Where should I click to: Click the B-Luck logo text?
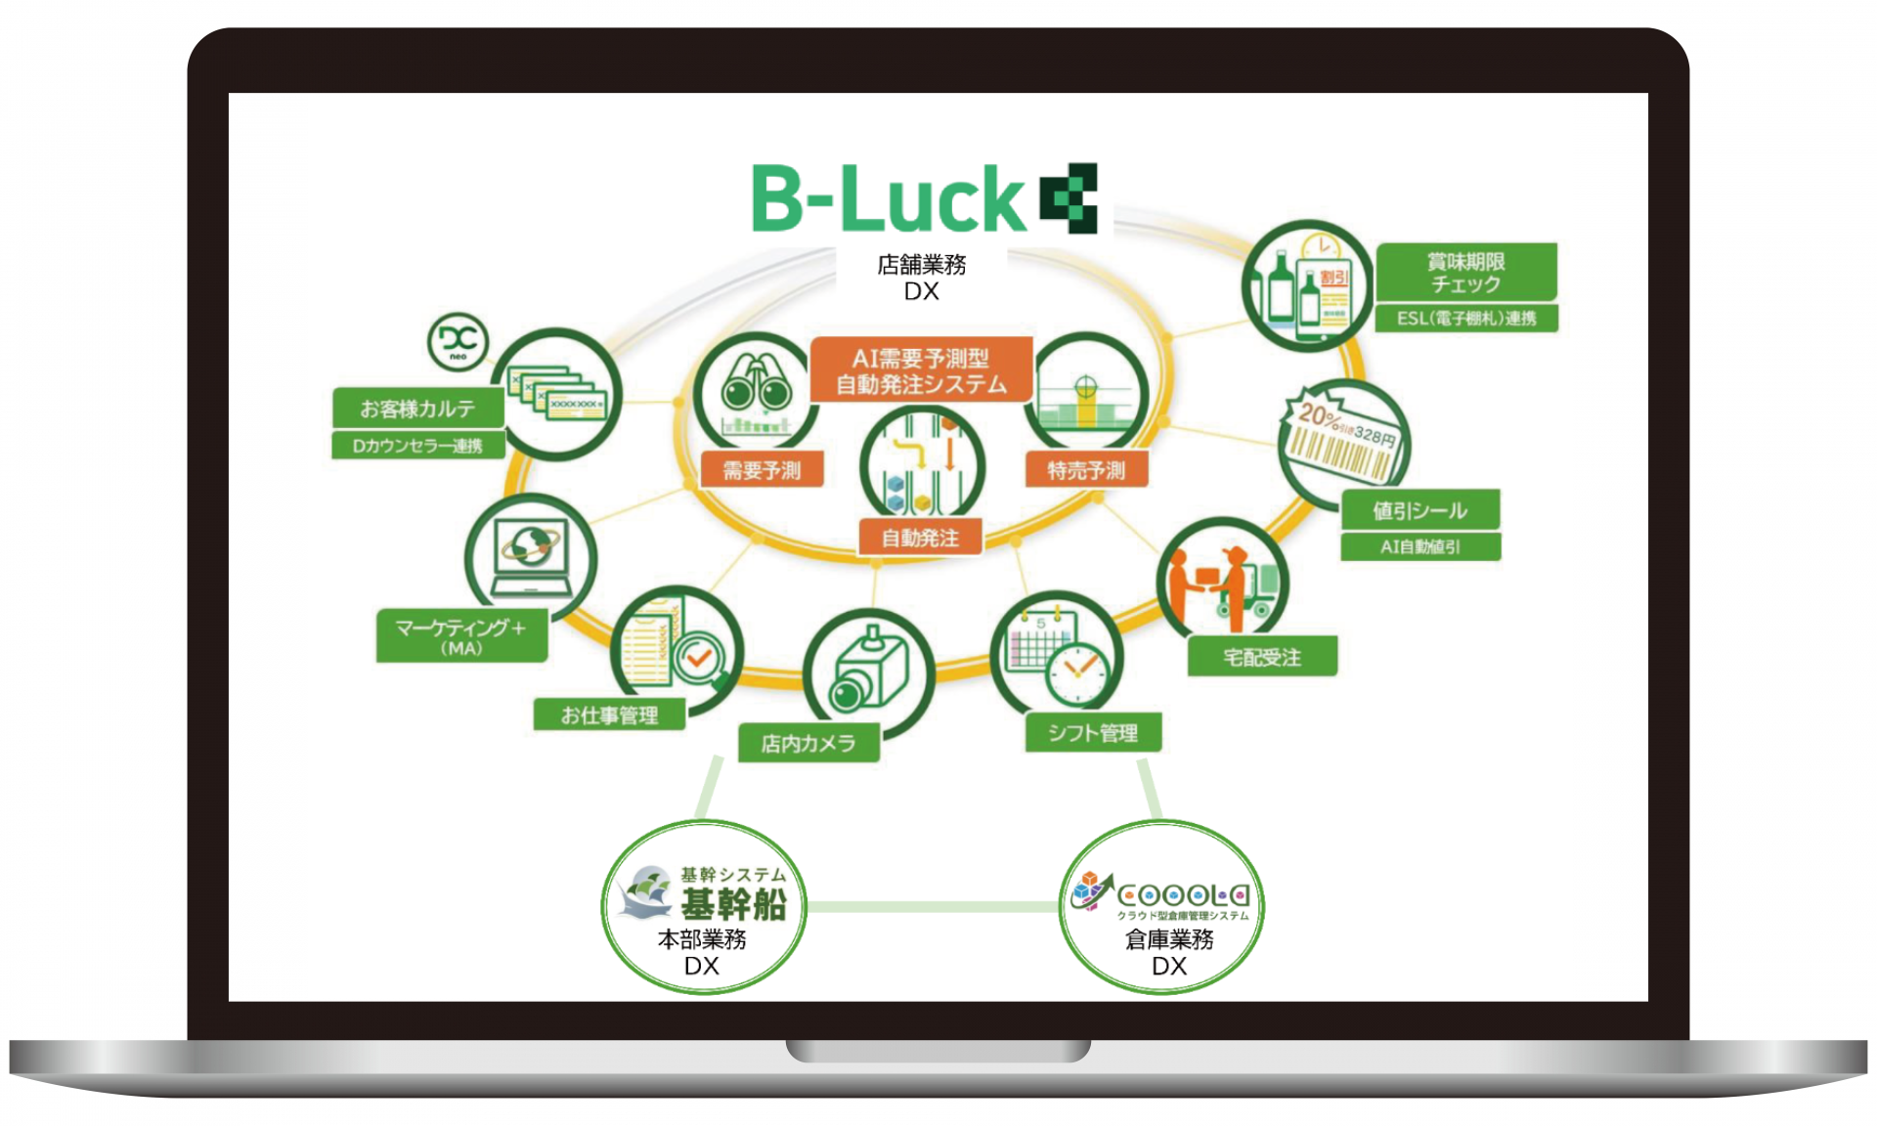click(x=888, y=199)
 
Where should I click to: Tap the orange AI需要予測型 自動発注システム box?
click(x=921, y=370)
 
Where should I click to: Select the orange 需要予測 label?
click(x=762, y=470)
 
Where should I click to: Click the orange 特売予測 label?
click(x=1086, y=470)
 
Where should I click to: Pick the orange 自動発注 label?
click(x=920, y=538)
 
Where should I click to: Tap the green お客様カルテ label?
click(x=417, y=408)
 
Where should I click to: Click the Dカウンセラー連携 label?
click(x=417, y=446)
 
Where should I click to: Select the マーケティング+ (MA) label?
click(x=461, y=636)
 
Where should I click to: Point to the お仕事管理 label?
click(x=609, y=715)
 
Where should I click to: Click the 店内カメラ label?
click(x=808, y=744)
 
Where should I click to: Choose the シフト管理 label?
click(x=1093, y=733)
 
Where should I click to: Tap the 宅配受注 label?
click(x=1261, y=657)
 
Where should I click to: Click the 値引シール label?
click(x=1419, y=510)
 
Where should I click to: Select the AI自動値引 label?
click(x=1419, y=546)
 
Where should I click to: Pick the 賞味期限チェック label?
click(x=1465, y=273)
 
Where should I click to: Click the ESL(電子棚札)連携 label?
click(x=1465, y=318)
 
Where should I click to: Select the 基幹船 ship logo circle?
click(x=703, y=907)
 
